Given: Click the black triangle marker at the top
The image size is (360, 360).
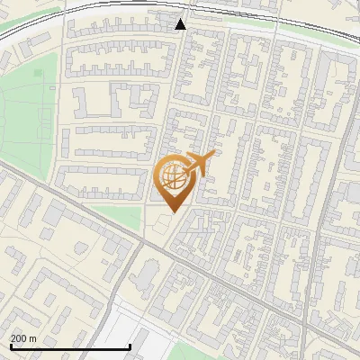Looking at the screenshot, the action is pos(181,24).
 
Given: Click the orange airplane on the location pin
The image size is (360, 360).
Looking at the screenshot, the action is pos(200,164).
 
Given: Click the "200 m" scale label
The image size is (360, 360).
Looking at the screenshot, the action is pos(23,338).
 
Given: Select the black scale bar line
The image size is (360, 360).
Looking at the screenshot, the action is pos(70,346).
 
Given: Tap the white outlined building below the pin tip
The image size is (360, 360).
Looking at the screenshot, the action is pos(163,222).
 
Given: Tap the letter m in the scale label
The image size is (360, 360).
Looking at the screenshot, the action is pos(32,338).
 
